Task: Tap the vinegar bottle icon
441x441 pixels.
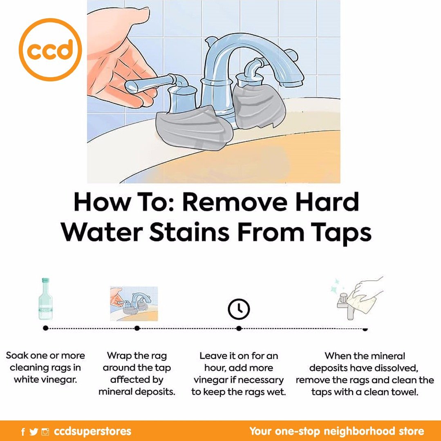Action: click(45, 299)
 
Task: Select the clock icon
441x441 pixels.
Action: click(239, 309)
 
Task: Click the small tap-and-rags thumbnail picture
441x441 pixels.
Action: click(134, 304)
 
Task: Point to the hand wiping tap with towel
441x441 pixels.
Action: click(360, 298)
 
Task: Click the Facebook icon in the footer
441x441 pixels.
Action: click(23, 432)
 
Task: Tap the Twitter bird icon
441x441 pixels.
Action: click(34, 432)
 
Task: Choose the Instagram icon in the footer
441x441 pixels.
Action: click(45, 432)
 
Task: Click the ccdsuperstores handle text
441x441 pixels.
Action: click(92, 431)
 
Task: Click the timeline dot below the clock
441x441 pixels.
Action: click(239, 328)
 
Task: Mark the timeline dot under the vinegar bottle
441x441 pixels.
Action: click(45, 328)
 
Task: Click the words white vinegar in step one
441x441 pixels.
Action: click(45, 380)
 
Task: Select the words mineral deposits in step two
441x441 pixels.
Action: click(137, 392)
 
